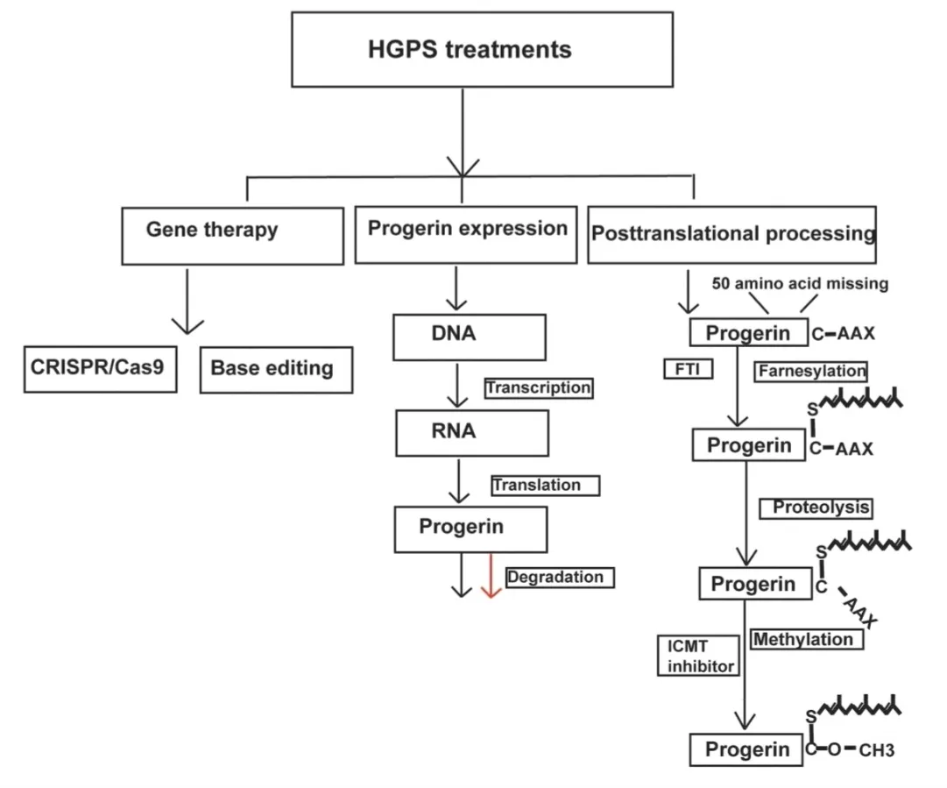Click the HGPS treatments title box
pyautogui.click(x=482, y=50)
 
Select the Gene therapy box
pyautogui.click(x=232, y=237)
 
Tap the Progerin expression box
pyautogui.click(x=466, y=235)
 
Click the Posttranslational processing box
pyautogui.click(x=732, y=234)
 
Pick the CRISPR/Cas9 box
pyautogui.click(x=100, y=369)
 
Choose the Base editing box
pyautogui.click(x=276, y=370)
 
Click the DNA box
pyautogui.click(x=470, y=337)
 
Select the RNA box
pyautogui.click(x=472, y=433)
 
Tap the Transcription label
pyautogui.click(x=539, y=388)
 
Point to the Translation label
pyautogui.click(x=546, y=486)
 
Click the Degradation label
pyautogui.click(x=560, y=578)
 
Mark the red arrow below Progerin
pyautogui.click(x=491, y=576)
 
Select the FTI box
pyautogui.click(x=688, y=369)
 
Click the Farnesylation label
pyautogui.click(x=810, y=371)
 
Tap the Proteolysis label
pyautogui.click(x=816, y=508)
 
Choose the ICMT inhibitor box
pyautogui.click(x=699, y=656)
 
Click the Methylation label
pyautogui.click(x=807, y=639)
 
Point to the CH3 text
pyautogui.click(x=876, y=750)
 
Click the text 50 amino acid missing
pyautogui.click(x=800, y=283)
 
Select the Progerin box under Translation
pyautogui.click(x=471, y=529)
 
